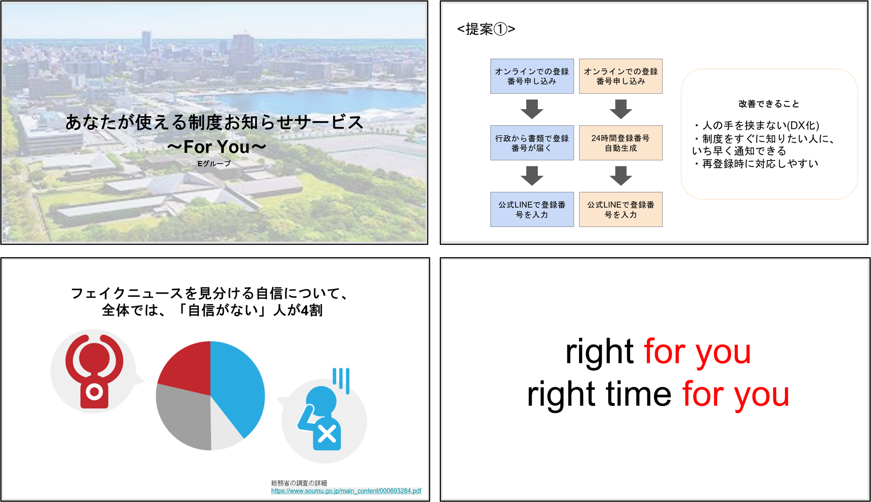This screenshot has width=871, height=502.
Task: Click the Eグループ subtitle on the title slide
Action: click(214, 164)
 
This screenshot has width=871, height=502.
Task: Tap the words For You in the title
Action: click(217, 147)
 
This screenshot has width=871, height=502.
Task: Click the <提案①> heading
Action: click(486, 29)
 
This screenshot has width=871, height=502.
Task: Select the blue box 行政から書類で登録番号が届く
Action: click(532, 143)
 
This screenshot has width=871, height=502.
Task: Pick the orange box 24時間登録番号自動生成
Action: click(621, 143)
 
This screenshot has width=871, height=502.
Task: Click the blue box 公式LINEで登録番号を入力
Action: click(532, 209)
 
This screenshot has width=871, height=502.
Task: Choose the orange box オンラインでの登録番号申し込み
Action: click(621, 76)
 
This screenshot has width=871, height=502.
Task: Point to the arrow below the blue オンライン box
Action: click(532, 109)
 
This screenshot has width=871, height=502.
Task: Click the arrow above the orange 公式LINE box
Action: click(621, 176)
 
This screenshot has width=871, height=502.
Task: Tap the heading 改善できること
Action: click(769, 104)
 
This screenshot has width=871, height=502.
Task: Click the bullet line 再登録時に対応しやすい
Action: click(756, 164)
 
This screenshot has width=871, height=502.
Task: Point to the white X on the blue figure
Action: click(327, 434)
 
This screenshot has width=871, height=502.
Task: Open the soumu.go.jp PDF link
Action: click(346, 491)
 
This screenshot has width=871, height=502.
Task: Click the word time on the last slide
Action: click(638, 394)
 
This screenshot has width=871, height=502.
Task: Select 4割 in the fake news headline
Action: click(312, 310)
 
